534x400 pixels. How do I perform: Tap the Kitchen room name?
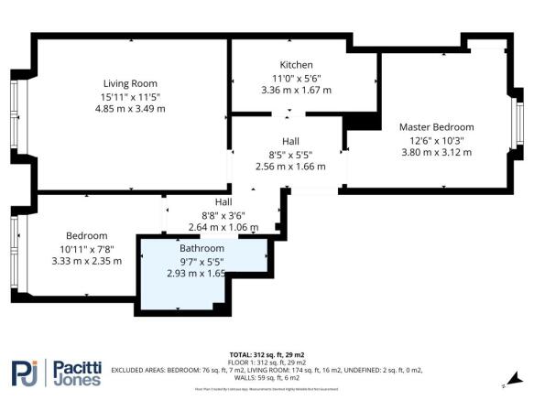point(296,65)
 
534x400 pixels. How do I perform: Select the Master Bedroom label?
point(436,126)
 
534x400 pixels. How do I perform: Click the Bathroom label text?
point(202,248)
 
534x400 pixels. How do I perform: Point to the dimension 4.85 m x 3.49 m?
point(130,108)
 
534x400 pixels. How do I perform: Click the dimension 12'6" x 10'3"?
point(436,140)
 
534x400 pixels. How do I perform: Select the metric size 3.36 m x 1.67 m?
point(296,90)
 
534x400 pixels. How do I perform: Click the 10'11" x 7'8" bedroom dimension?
point(86,248)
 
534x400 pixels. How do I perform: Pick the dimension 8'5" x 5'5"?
point(289,154)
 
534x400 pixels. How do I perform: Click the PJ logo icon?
point(27,373)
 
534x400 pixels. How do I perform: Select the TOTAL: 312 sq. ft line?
point(267,353)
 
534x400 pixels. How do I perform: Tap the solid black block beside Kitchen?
point(365,121)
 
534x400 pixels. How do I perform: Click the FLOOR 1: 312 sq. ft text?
point(267,362)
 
